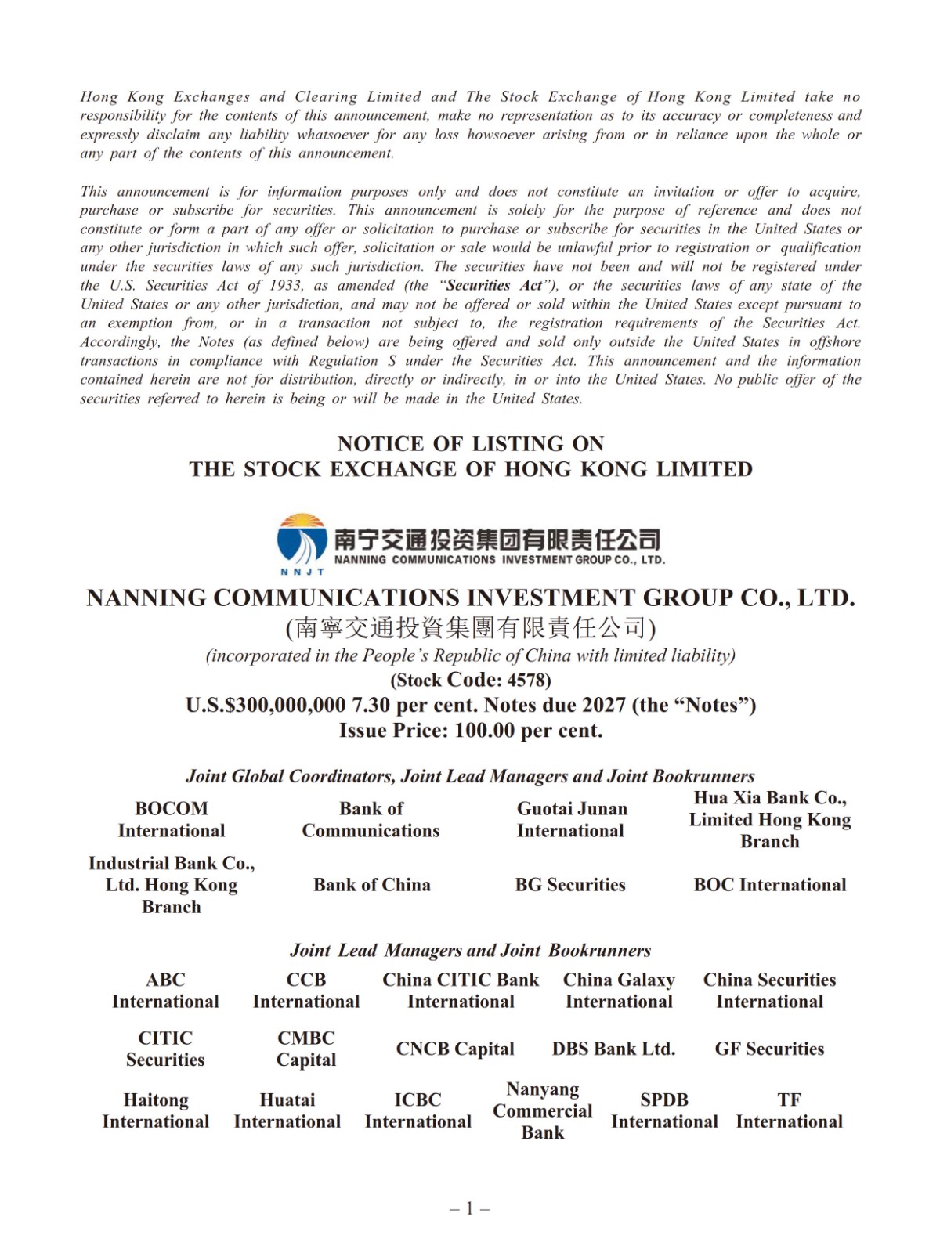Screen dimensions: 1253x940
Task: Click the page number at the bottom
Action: pos(470,1208)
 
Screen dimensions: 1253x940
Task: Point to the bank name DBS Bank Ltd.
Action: pos(613,1049)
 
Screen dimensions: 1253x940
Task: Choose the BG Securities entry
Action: pos(570,885)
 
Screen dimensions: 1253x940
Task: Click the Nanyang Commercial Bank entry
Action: pos(542,1110)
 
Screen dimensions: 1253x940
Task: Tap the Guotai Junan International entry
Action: pos(571,819)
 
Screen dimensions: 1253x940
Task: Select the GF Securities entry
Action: pos(769,1049)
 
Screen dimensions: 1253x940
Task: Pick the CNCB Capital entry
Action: pos(455,1049)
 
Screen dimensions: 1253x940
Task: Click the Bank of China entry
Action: pos(372,885)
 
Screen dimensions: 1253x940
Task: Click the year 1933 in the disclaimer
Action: pos(286,286)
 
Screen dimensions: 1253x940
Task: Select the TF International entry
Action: pos(789,1110)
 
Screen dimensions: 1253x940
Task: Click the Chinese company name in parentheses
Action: pos(470,627)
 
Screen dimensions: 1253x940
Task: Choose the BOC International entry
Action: pos(770,885)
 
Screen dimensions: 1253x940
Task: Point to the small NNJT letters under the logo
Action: pos(302,572)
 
